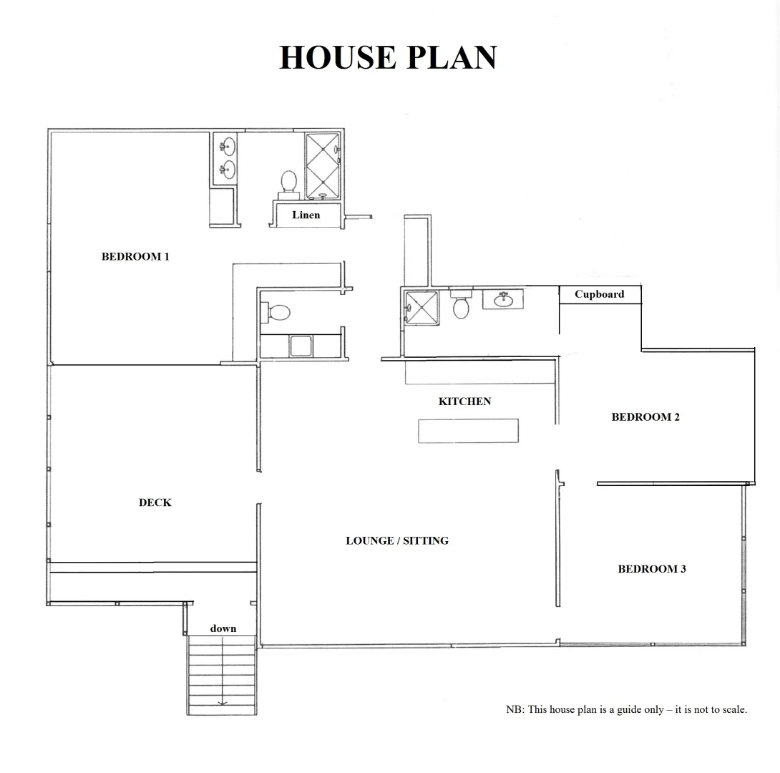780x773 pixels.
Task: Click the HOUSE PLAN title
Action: (388, 57)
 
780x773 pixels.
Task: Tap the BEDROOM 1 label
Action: (135, 256)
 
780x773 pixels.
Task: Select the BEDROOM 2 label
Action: (645, 417)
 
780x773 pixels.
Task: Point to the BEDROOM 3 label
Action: (652, 569)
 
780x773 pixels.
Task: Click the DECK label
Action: (155, 502)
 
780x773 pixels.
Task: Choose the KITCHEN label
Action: (464, 402)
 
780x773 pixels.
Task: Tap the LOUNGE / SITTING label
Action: (397, 540)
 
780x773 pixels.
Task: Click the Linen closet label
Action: (306, 215)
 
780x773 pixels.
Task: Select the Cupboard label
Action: (599, 294)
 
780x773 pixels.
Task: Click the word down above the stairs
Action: (223, 628)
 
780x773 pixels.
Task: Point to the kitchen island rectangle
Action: (468, 431)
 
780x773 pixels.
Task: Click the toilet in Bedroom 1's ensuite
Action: (289, 181)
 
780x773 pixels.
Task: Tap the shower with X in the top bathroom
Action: (323, 165)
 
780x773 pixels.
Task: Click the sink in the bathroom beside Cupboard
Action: (503, 298)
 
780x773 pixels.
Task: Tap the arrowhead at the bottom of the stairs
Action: (222, 703)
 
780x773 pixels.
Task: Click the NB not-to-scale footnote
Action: (626, 709)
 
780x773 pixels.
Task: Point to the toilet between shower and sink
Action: (462, 306)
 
